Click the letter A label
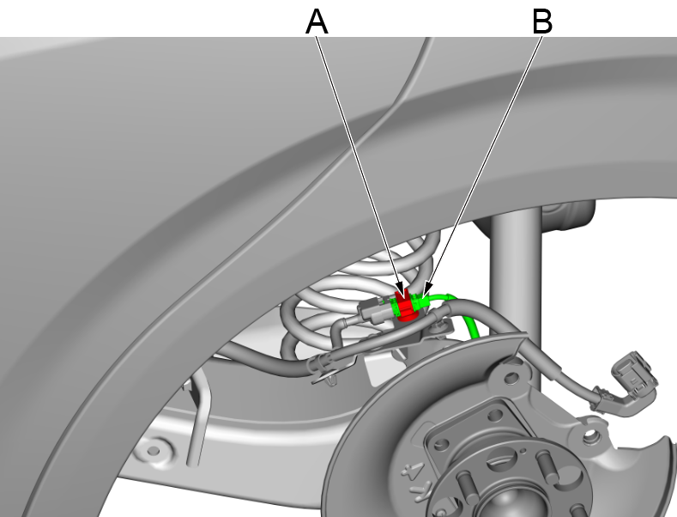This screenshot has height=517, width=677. coord(317,21)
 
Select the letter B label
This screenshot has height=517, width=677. coord(541,21)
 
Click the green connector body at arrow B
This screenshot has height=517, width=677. coord(421,304)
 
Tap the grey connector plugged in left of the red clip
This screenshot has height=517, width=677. coord(374,309)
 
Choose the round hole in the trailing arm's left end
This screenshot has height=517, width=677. coord(154,447)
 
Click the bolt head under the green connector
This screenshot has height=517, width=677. coord(439,325)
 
